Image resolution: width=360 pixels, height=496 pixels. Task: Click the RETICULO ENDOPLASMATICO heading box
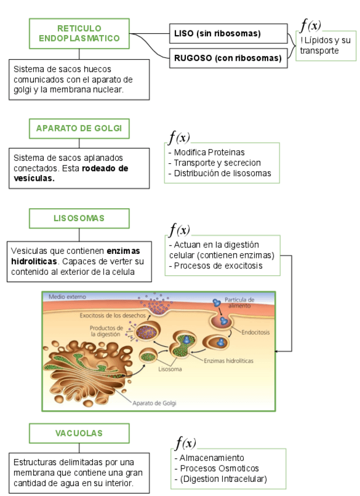79,33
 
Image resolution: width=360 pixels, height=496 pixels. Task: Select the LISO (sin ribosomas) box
229,33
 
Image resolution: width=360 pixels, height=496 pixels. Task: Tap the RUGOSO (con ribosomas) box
229,58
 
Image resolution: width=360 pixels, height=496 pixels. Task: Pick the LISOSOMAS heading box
79,218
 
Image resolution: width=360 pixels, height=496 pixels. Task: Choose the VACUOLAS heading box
79,433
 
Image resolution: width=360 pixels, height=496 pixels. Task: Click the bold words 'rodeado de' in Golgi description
105,168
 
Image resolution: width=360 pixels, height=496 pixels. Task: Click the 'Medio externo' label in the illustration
67,297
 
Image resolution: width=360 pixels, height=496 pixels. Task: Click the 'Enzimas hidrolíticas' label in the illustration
229,361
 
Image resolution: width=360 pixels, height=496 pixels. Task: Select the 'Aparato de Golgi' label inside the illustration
154,402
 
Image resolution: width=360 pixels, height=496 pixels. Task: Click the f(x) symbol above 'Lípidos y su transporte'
310,25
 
